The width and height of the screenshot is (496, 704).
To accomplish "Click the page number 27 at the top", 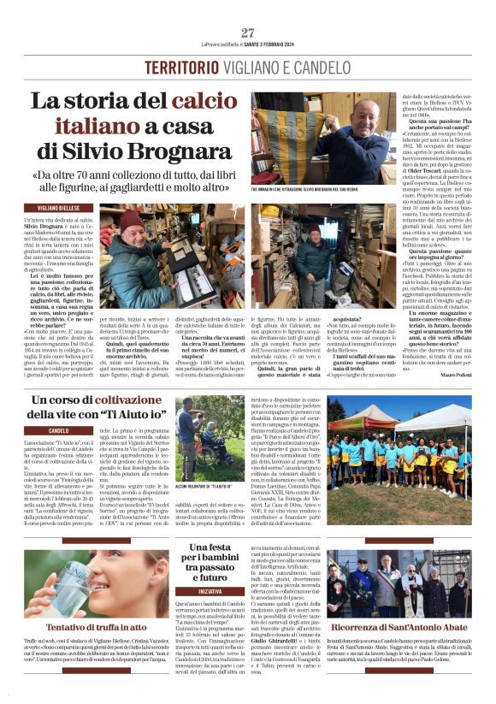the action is click(x=248, y=33).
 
